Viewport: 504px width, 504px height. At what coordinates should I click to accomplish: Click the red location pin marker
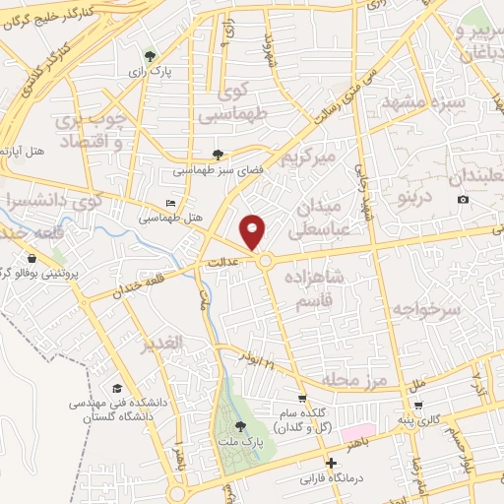(254, 231)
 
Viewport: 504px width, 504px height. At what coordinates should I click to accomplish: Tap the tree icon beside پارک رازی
(150, 56)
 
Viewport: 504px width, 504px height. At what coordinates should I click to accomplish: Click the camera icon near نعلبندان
(464, 200)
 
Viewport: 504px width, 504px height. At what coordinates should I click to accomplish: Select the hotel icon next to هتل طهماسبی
(171, 204)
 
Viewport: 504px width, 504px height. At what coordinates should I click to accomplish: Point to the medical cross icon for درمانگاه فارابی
(332, 463)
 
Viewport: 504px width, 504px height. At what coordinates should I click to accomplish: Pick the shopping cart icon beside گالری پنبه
(419, 405)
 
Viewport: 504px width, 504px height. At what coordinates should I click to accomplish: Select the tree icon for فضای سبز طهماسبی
(219, 154)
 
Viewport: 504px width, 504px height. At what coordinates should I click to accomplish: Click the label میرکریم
(308, 157)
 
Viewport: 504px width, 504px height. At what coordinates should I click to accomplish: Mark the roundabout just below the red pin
(266, 261)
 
